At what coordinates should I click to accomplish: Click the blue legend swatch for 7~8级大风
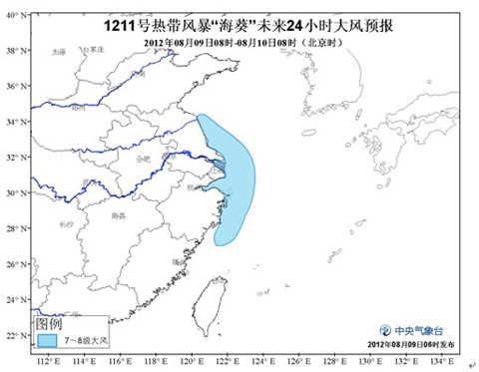(48, 340)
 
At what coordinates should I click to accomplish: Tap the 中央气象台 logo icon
(385, 330)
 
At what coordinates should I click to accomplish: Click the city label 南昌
(120, 214)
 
